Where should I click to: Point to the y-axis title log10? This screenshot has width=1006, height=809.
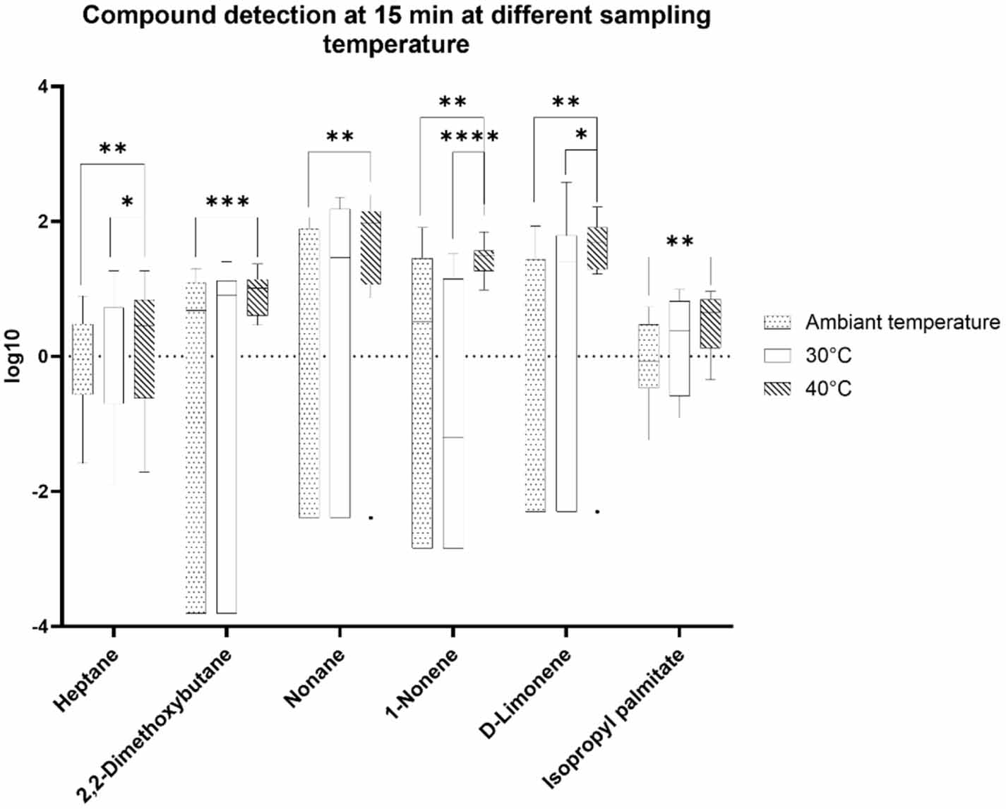click(13, 356)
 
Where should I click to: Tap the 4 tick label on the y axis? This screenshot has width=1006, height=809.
click(44, 87)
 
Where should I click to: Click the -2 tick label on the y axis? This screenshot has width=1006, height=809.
click(39, 491)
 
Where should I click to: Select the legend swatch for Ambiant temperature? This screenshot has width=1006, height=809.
click(777, 323)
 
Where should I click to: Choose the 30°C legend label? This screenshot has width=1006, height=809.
click(828, 355)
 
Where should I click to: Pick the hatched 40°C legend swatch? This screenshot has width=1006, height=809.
click(777, 388)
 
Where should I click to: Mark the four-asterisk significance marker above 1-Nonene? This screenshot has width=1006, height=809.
click(469, 137)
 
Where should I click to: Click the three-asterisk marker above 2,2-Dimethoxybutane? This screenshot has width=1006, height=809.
click(227, 203)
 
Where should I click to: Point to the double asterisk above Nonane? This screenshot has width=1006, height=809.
click(340, 137)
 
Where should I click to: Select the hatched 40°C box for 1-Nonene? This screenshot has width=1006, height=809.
click(484, 260)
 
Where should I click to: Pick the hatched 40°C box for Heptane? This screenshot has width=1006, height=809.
click(144, 349)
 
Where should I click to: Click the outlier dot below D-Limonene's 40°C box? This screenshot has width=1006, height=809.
click(597, 511)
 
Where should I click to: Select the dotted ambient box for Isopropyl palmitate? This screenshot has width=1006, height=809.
click(649, 356)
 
